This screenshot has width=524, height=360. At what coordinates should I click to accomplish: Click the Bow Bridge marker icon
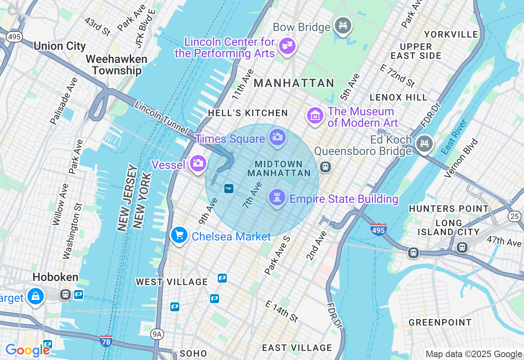coord(343,26)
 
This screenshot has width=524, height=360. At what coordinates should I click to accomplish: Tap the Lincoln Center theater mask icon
coord(287,45)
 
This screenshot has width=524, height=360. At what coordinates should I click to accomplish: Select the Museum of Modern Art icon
coord(315,116)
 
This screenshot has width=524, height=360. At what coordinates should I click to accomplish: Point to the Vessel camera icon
coord(198,163)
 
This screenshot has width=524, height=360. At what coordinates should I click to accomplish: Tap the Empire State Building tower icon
coord(277,198)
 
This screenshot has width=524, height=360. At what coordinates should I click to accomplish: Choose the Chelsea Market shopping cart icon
coord(179,235)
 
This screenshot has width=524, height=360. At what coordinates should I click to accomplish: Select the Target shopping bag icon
coord(36,296)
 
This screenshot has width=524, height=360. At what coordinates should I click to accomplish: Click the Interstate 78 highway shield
coord(106,340)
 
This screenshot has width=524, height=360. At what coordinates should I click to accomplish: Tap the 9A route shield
coord(157,335)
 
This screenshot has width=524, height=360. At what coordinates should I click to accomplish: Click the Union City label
coord(60,46)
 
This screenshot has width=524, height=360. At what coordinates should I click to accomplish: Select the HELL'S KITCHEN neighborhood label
coord(248,113)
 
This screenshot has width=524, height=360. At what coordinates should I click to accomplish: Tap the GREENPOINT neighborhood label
coord(440,322)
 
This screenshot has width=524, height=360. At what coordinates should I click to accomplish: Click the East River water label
coord(455,137)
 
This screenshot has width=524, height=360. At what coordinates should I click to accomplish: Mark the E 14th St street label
coord(282,311)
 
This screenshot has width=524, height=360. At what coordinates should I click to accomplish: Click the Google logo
coord(27,350)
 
